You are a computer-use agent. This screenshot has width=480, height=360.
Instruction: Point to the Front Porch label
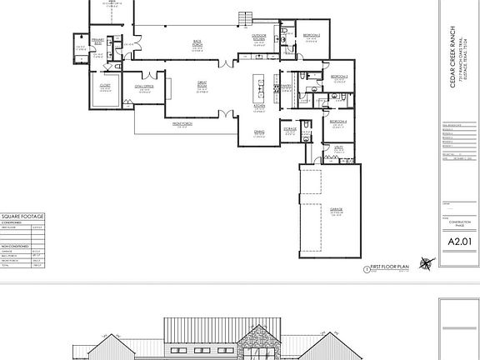(x=182, y=123)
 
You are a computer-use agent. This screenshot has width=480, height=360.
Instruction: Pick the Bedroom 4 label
(x=337, y=122)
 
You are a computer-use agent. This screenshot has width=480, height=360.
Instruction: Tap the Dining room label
(x=259, y=131)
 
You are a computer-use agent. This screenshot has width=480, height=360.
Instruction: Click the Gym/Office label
(x=143, y=86)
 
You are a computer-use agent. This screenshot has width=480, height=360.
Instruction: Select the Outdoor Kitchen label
(x=259, y=37)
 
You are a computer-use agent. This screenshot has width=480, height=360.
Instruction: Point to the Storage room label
(x=290, y=129)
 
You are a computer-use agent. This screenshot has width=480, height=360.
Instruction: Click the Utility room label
(x=339, y=147)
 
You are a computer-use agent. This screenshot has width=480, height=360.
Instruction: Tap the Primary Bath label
(x=97, y=39)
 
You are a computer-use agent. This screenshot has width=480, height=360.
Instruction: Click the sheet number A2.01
(x=460, y=242)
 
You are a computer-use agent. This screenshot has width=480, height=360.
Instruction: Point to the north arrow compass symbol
(x=427, y=264)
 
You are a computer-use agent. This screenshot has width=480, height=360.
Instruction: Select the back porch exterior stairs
(x=244, y=19)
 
